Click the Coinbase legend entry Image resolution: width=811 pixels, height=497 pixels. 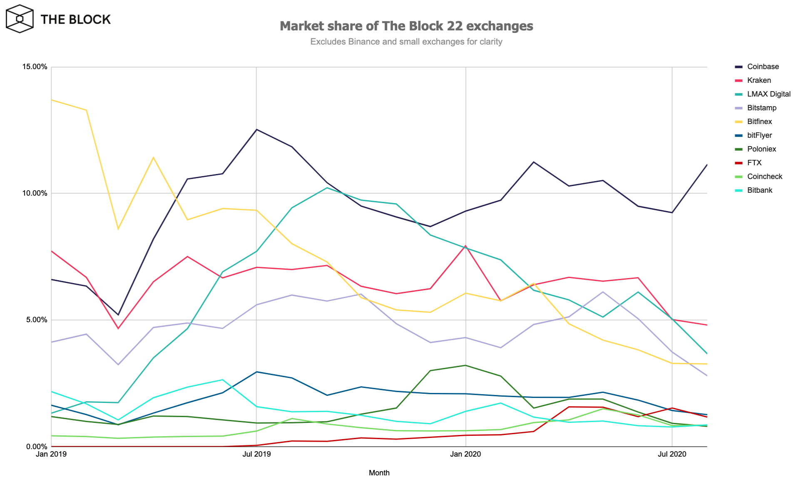[x=762, y=67]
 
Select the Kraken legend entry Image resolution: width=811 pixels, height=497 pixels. [x=759, y=80]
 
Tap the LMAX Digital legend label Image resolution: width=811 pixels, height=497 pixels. [x=769, y=94]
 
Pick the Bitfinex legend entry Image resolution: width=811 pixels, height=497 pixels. [x=759, y=122]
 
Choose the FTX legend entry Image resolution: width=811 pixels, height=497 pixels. [x=754, y=163]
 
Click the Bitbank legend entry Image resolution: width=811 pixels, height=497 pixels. [x=759, y=190]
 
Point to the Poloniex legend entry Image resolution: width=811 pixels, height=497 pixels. [x=761, y=149]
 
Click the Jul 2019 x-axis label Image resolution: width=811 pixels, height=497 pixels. [x=256, y=454]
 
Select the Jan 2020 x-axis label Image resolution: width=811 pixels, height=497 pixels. [x=465, y=454]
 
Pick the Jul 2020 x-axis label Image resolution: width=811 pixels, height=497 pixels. [x=672, y=454]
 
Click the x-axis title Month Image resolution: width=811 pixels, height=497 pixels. [x=379, y=473]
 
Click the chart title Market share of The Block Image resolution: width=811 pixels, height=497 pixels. [x=406, y=26]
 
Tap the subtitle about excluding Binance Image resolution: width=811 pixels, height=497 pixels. [x=406, y=42]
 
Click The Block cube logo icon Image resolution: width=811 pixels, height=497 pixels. [x=20, y=19]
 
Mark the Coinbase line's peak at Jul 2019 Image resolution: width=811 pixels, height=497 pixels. [x=256, y=129]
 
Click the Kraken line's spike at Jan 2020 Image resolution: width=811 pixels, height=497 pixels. [x=465, y=246]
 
